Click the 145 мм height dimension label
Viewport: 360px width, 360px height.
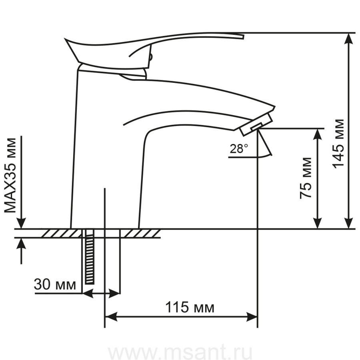338,144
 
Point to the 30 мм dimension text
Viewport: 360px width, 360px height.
55,284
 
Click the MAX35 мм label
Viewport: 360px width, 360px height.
10,176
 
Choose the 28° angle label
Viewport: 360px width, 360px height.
239,149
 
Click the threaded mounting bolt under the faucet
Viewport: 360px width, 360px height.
90,256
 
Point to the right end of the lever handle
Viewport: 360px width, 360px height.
244,37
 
